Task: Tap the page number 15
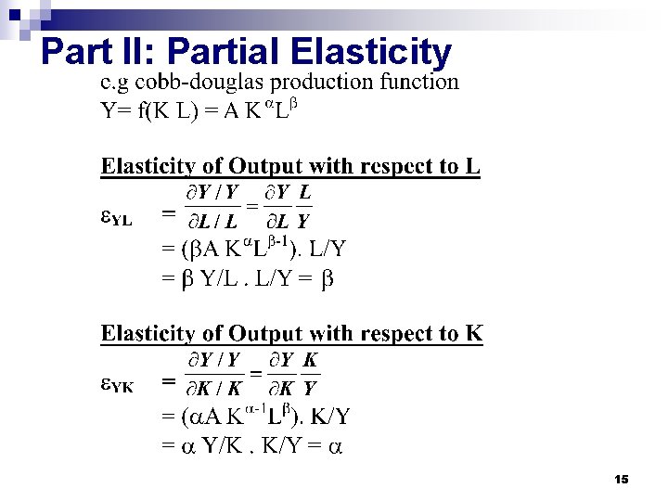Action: (622, 479)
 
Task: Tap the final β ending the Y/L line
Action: (325, 278)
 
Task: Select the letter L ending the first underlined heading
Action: (473, 167)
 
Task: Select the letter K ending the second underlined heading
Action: (475, 334)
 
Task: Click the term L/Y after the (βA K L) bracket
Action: (328, 250)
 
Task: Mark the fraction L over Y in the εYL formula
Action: (303, 207)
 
